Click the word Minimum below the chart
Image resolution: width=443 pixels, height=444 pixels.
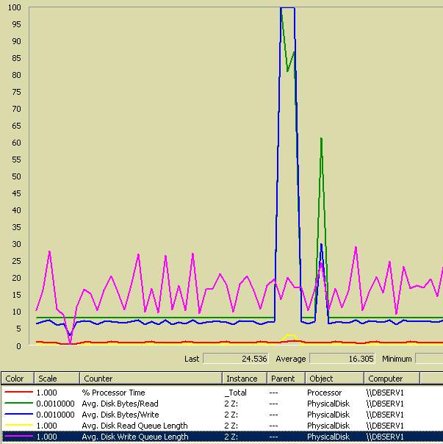pos(397,359)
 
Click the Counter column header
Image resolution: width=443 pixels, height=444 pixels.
pos(98,379)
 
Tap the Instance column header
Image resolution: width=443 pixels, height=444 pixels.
pos(242,379)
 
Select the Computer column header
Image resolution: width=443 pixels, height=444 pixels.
pos(386,379)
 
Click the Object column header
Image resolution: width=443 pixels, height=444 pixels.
pos(321,379)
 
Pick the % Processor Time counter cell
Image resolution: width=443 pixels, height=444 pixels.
pos(114,393)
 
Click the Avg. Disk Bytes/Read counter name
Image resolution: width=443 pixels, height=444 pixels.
pos(120,404)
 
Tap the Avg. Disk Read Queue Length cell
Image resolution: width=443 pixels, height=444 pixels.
pos(135,426)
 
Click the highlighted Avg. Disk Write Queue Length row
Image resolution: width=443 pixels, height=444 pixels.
pos(135,437)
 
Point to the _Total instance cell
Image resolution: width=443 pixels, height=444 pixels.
pos(237,393)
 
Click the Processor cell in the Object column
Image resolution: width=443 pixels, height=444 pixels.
pos(324,393)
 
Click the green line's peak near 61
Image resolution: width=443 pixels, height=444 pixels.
pos(321,138)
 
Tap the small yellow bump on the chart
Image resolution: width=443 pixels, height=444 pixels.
pos(291,336)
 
